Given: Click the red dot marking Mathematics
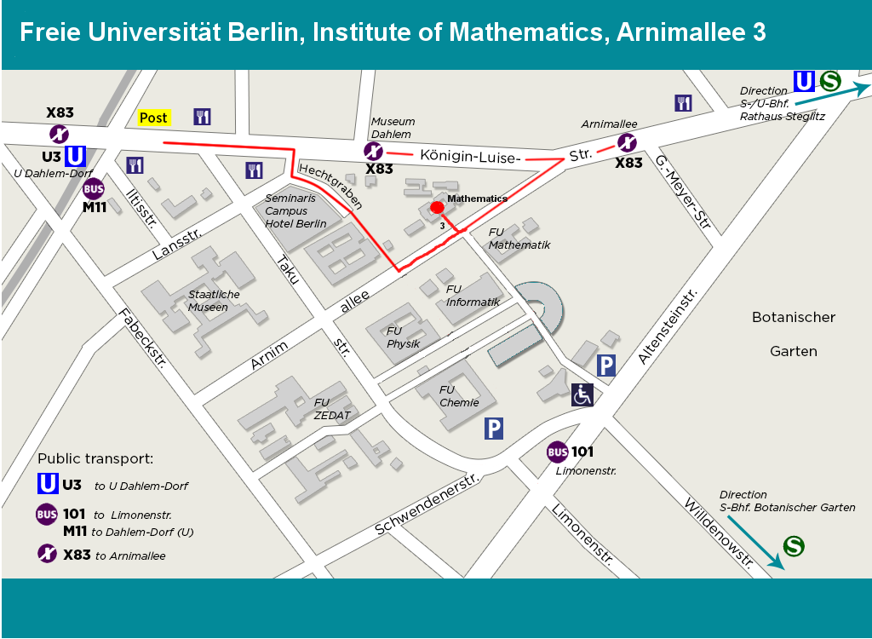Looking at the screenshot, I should click(437, 207).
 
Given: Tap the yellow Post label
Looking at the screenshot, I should click(154, 118).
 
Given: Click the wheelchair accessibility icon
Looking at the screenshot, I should click(582, 394).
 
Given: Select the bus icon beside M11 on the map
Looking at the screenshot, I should click(94, 189).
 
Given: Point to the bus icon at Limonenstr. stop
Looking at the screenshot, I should click(558, 452).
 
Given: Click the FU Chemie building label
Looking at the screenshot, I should click(459, 396).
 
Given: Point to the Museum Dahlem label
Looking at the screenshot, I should click(393, 128).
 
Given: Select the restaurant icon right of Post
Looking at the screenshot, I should click(202, 117).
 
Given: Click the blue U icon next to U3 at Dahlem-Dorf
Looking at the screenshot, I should click(75, 157).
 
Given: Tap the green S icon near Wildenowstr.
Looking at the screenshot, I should click(794, 546).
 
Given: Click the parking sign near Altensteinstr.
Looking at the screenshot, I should click(605, 366).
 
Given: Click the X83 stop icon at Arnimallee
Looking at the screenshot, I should click(627, 142).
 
